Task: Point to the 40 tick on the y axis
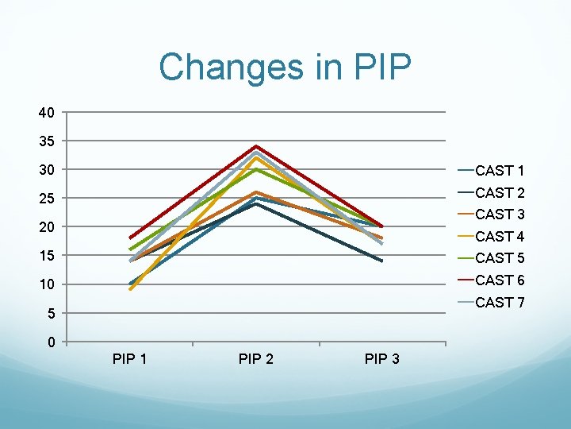pyautogui.click(x=47, y=113)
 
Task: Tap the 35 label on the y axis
pyautogui.click(x=47, y=141)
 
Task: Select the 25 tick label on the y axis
pyautogui.click(x=47, y=199)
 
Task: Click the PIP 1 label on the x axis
pyautogui.click(x=130, y=359)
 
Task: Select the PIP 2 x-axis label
pyautogui.click(x=256, y=359)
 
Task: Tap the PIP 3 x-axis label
pyautogui.click(x=381, y=359)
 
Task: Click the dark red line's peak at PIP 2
pyautogui.click(x=256, y=146)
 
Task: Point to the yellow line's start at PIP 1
pyautogui.click(x=130, y=290)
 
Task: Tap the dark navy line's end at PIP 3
pyautogui.click(x=382, y=261)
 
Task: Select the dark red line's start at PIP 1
pyautogui.click(x=130, y=238)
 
